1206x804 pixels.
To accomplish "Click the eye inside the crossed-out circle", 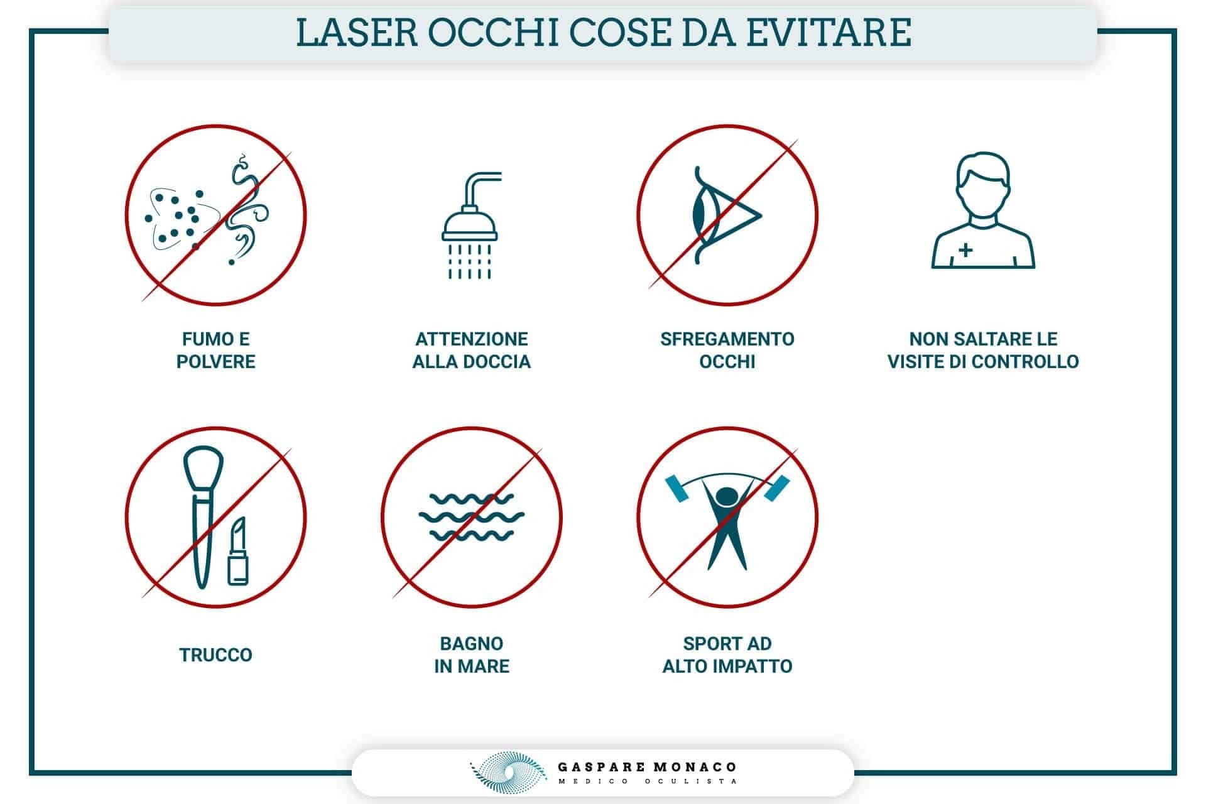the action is pos(727,215).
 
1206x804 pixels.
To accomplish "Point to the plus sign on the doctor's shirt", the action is pos(965,249).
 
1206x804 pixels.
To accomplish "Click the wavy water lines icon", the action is pos(471,517).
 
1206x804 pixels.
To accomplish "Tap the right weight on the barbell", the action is pos(776,488).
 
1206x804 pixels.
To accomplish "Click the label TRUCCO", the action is pos(215,655).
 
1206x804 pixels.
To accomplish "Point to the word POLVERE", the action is pos(215,362).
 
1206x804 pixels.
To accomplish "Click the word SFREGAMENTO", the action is pos(727,339).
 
